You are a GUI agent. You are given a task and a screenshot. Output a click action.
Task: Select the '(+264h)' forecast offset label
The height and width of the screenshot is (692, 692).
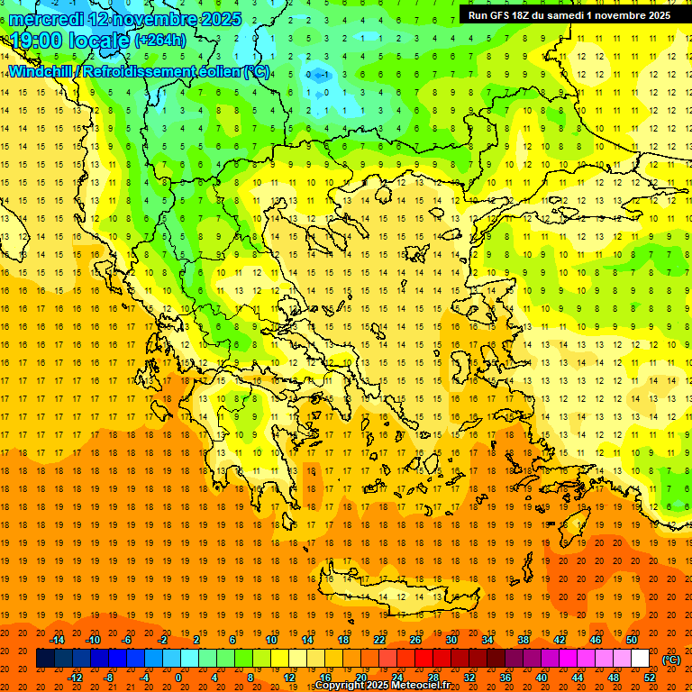click(159, 40)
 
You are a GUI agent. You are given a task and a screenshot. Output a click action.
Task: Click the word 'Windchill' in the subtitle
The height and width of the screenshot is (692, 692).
click(41, 71)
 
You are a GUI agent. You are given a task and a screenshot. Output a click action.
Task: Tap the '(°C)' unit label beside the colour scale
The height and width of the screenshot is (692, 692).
click(670, 660)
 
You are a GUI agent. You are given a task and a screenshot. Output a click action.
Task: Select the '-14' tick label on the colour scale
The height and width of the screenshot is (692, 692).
click(58, 640)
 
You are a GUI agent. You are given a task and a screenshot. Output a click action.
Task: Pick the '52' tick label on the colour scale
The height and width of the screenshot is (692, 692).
click(650, 678)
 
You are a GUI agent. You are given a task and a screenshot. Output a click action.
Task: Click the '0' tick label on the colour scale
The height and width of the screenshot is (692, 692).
click(178, 678)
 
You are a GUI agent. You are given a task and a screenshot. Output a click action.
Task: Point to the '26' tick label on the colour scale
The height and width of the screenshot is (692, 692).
click(415, 640)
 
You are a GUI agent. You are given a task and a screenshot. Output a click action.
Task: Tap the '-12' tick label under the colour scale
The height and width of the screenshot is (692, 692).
click(76, 678)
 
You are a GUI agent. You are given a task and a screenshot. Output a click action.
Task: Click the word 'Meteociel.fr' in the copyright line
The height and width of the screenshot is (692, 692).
click(421, 687)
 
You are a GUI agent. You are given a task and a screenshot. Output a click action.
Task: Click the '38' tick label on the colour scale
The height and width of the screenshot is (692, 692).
click(524, 640)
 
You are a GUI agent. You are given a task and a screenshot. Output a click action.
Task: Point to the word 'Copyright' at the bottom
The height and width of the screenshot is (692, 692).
click(340, 687)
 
